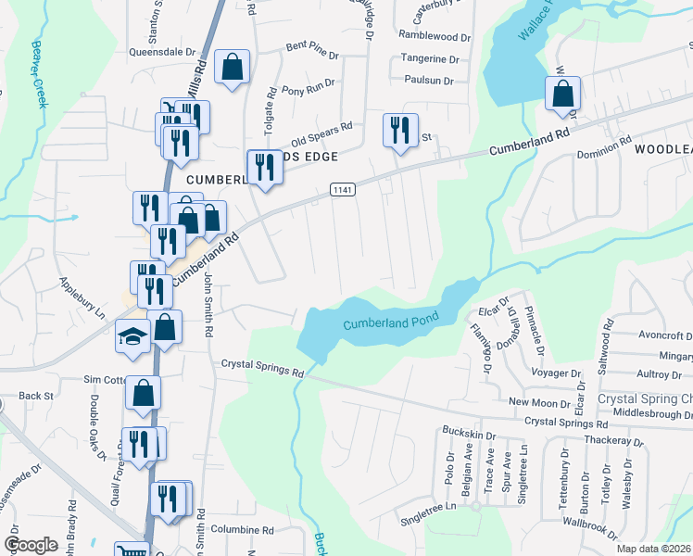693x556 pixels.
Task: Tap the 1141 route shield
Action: pos(343,189)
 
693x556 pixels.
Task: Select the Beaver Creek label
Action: pos(40,73)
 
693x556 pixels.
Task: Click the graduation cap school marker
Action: pos(132,336)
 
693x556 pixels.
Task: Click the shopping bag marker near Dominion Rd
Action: pos(562,94)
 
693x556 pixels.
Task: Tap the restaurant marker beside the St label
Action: pos(400,130)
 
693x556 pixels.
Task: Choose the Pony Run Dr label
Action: pos(306,90)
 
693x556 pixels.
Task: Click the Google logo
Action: pos(31,545)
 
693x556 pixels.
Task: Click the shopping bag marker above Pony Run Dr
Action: pos(231,68)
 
